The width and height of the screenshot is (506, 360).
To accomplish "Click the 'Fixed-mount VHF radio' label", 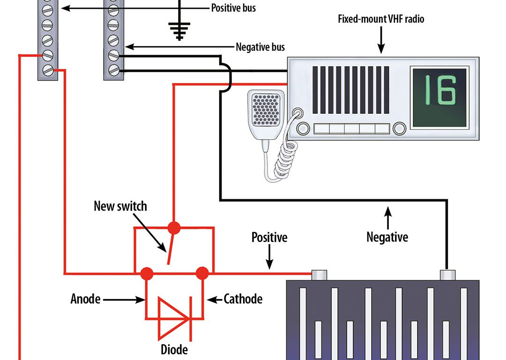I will coord(381,20).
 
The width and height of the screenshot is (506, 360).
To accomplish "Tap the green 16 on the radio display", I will coord(439,90).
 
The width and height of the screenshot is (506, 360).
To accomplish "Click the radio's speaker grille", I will coord(351,90).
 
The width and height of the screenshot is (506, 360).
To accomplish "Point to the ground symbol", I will coord(178,31).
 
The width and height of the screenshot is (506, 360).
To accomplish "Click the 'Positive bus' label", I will coord(233,8).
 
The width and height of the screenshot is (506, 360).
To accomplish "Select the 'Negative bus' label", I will coord(260,47).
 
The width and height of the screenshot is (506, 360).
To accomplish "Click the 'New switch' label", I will coord(120,206).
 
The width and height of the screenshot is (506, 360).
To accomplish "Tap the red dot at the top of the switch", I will coord(174,228).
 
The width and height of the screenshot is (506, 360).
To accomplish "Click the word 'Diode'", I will coord(174,349).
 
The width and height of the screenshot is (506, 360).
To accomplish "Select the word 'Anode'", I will coord(85,299).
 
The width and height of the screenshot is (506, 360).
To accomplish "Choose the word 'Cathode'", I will coord(243,299).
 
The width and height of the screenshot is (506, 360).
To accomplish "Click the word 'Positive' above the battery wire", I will coord(269,237).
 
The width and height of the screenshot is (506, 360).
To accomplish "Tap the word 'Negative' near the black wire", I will coord(387,237).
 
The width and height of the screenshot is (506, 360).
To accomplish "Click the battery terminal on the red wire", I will coord(319,275).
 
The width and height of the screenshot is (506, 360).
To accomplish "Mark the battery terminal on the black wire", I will coord(446,275).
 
